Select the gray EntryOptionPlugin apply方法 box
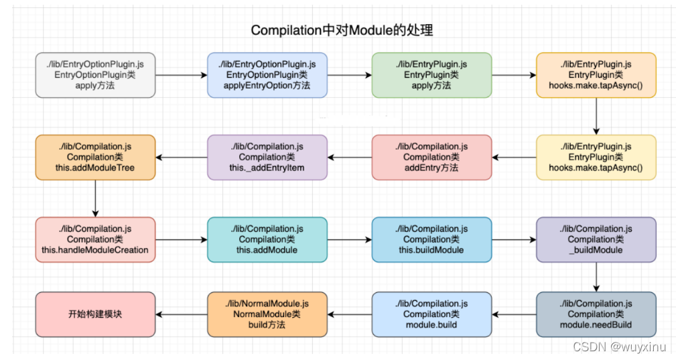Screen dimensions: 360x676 pos(95,75)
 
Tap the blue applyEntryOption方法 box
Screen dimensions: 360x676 pos(267,75)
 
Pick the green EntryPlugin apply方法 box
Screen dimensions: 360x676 pos(431,75)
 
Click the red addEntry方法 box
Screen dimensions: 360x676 pos(431,157)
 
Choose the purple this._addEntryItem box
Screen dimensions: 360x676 pos(267,157)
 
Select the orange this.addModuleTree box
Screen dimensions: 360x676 pos(95,157)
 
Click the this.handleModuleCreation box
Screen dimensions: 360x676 pos(95,239)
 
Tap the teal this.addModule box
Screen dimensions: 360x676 pos(267,239)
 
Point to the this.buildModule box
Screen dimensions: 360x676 pos(431,239)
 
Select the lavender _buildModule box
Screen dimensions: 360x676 pos(596,239)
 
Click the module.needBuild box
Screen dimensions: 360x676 pos(596,314)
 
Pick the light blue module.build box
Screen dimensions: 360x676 pos(431,314)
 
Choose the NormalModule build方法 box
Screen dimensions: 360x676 pos(267,314)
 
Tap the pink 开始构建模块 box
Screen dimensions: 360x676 pos(95,314)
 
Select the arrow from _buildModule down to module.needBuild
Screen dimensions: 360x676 pos(596,277)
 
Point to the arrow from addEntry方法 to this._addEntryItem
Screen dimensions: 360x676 pos(350,158)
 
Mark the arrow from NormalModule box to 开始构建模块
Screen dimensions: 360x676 pos(182,314)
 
